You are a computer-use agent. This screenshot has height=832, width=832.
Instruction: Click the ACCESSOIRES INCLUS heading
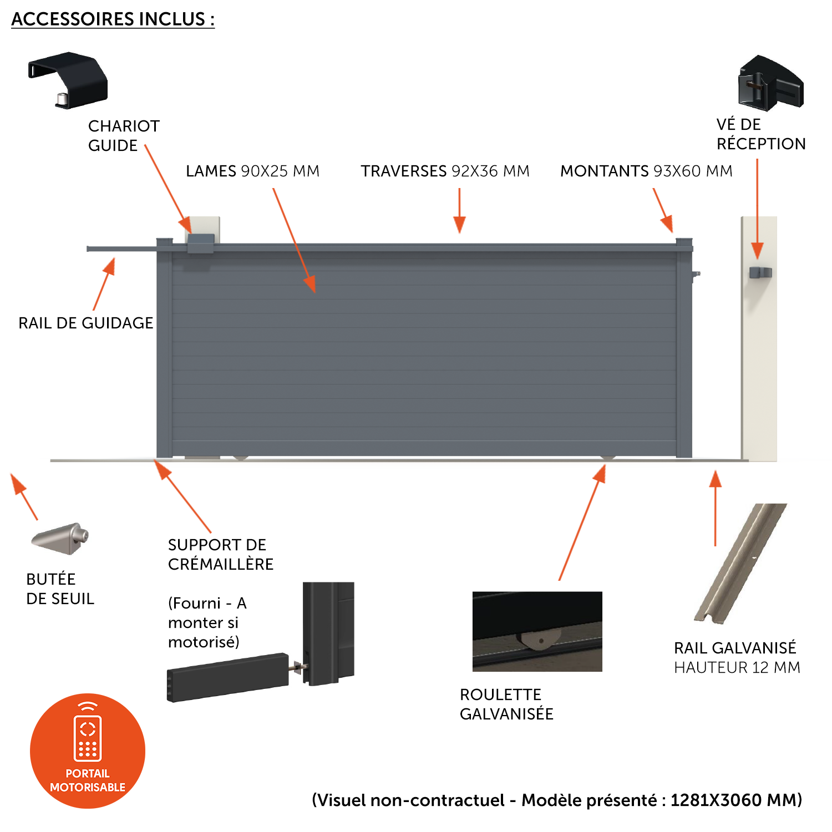pos(113,19)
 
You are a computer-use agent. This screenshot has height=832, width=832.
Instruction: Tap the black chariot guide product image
pos(68,80)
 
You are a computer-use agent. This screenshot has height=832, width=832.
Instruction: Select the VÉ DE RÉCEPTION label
pos(760,134)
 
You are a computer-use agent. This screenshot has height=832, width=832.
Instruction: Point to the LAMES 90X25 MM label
pos(252,171)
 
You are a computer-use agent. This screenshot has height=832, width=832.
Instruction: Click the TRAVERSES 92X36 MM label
pos(445,171)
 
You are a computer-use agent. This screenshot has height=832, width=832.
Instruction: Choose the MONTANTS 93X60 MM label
pos(646,171)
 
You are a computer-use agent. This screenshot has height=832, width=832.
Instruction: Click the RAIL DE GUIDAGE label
pos(85,323)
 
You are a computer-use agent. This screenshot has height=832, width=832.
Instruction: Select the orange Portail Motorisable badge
pos(88,751)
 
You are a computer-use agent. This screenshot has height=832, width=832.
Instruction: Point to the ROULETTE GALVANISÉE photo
pos(537,631)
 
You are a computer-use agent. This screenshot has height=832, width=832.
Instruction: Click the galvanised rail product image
pos(740,563)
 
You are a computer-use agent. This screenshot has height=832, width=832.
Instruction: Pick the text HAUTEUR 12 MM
pos(737,667)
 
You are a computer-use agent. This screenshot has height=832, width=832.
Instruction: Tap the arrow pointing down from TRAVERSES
pos(459,211)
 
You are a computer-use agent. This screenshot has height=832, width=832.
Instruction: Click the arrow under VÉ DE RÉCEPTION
pos(757,209)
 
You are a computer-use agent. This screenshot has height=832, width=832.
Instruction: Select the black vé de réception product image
pos(770,83)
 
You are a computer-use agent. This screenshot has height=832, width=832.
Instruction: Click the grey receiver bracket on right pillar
pos(760,272)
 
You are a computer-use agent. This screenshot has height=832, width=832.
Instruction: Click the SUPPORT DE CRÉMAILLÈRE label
pos(221,554)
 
